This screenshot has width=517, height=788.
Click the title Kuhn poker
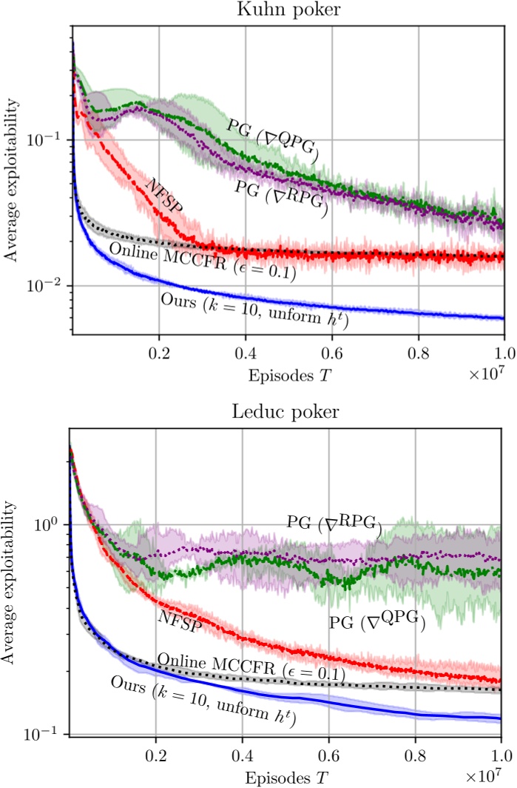point(288,10)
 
